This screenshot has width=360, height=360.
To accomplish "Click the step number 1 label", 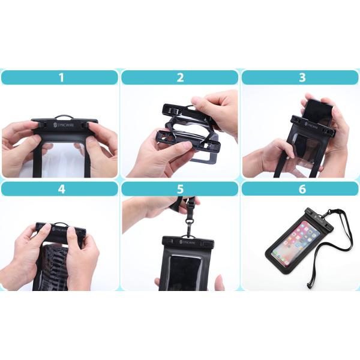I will [59, 77].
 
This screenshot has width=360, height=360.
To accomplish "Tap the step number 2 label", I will [180, 77].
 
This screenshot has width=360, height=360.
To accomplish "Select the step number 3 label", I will [302, 77].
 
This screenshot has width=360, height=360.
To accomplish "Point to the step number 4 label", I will [59, 189].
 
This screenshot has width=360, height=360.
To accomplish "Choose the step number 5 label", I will [180, 189].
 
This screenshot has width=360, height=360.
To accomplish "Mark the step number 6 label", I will [302, 189].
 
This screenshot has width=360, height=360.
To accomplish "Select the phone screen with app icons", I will [296, 244].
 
